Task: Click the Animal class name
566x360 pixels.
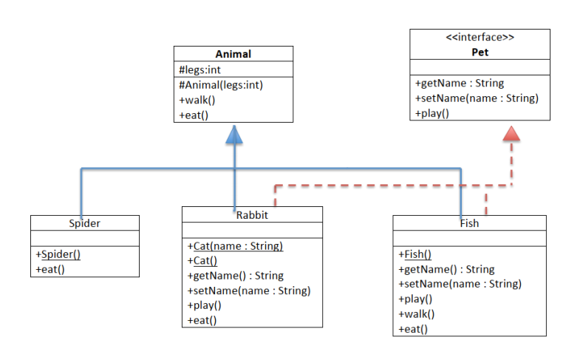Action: (x=233, y=54)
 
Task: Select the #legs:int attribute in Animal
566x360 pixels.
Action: (x=200, y=69)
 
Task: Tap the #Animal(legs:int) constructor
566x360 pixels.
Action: (x=221, y=85)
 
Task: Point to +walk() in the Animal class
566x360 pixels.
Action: (x=197, y=100)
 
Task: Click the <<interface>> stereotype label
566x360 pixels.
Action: (x=480, y=37)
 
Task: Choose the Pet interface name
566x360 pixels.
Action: (x=480, y=52)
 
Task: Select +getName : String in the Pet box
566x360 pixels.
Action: (x=459, y=84)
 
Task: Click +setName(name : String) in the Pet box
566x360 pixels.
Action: (x=477, y=98)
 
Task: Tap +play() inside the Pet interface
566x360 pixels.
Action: (x=432, y=113)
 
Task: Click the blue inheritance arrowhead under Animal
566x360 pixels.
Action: (x=234, y=135)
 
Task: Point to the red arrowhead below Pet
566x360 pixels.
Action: (x=511, y=133)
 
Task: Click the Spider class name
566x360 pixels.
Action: (x=84, y=223)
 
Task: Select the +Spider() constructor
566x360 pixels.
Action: (x=58, y=254)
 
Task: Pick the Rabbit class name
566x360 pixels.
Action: (x=252, y=215)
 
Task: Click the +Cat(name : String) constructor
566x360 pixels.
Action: (x=235, y=246)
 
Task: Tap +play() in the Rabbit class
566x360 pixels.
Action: (x=204, y=305)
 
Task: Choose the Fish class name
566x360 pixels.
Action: (x=469, y=223)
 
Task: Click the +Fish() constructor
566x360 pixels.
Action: (x=415, y=254)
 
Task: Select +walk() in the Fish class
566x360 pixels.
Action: (x=416, y=314)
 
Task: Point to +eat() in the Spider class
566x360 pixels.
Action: (x=50, y=270)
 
